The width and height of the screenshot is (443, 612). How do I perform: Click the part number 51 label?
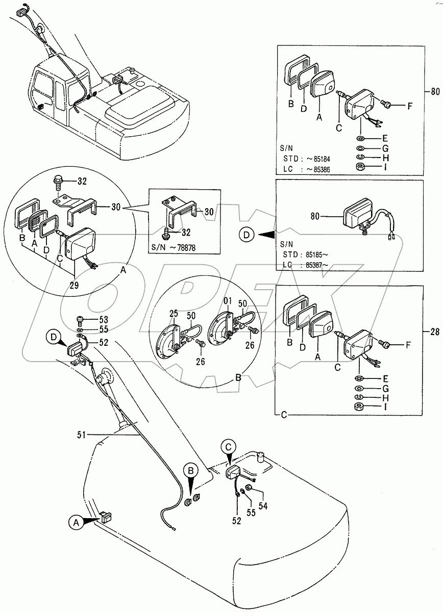pos(81,434)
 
